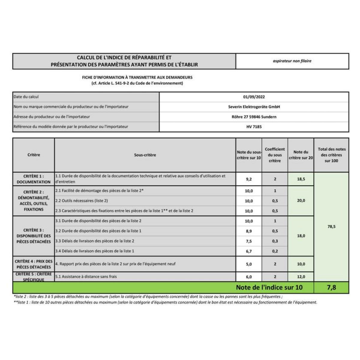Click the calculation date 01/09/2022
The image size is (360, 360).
(254, 97)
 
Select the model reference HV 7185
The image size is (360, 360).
(254, 127)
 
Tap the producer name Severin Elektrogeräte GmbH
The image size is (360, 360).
(254, 107)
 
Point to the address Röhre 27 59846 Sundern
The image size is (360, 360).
(254, 117)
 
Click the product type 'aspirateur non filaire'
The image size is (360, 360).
(292, 61)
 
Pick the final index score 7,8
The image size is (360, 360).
(331, 287)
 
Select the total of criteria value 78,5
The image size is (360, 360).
(331, 226)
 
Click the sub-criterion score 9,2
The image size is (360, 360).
(249, 179)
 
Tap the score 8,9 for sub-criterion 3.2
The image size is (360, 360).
(249, 231)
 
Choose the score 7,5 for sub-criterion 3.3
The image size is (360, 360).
(249, 241)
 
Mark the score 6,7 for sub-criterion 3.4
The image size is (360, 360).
(249, 251)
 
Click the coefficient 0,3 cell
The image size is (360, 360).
(275, 241)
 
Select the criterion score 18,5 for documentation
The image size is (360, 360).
(301, 179)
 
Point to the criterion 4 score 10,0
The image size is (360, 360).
(301, 264)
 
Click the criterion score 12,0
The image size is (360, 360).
(301, 277)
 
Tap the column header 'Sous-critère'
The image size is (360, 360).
(145, 155)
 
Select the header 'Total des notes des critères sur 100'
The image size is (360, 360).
(331, 155)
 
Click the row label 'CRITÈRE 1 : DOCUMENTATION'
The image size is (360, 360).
(34, 179)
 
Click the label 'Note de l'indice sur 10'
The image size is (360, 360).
(269, 287)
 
